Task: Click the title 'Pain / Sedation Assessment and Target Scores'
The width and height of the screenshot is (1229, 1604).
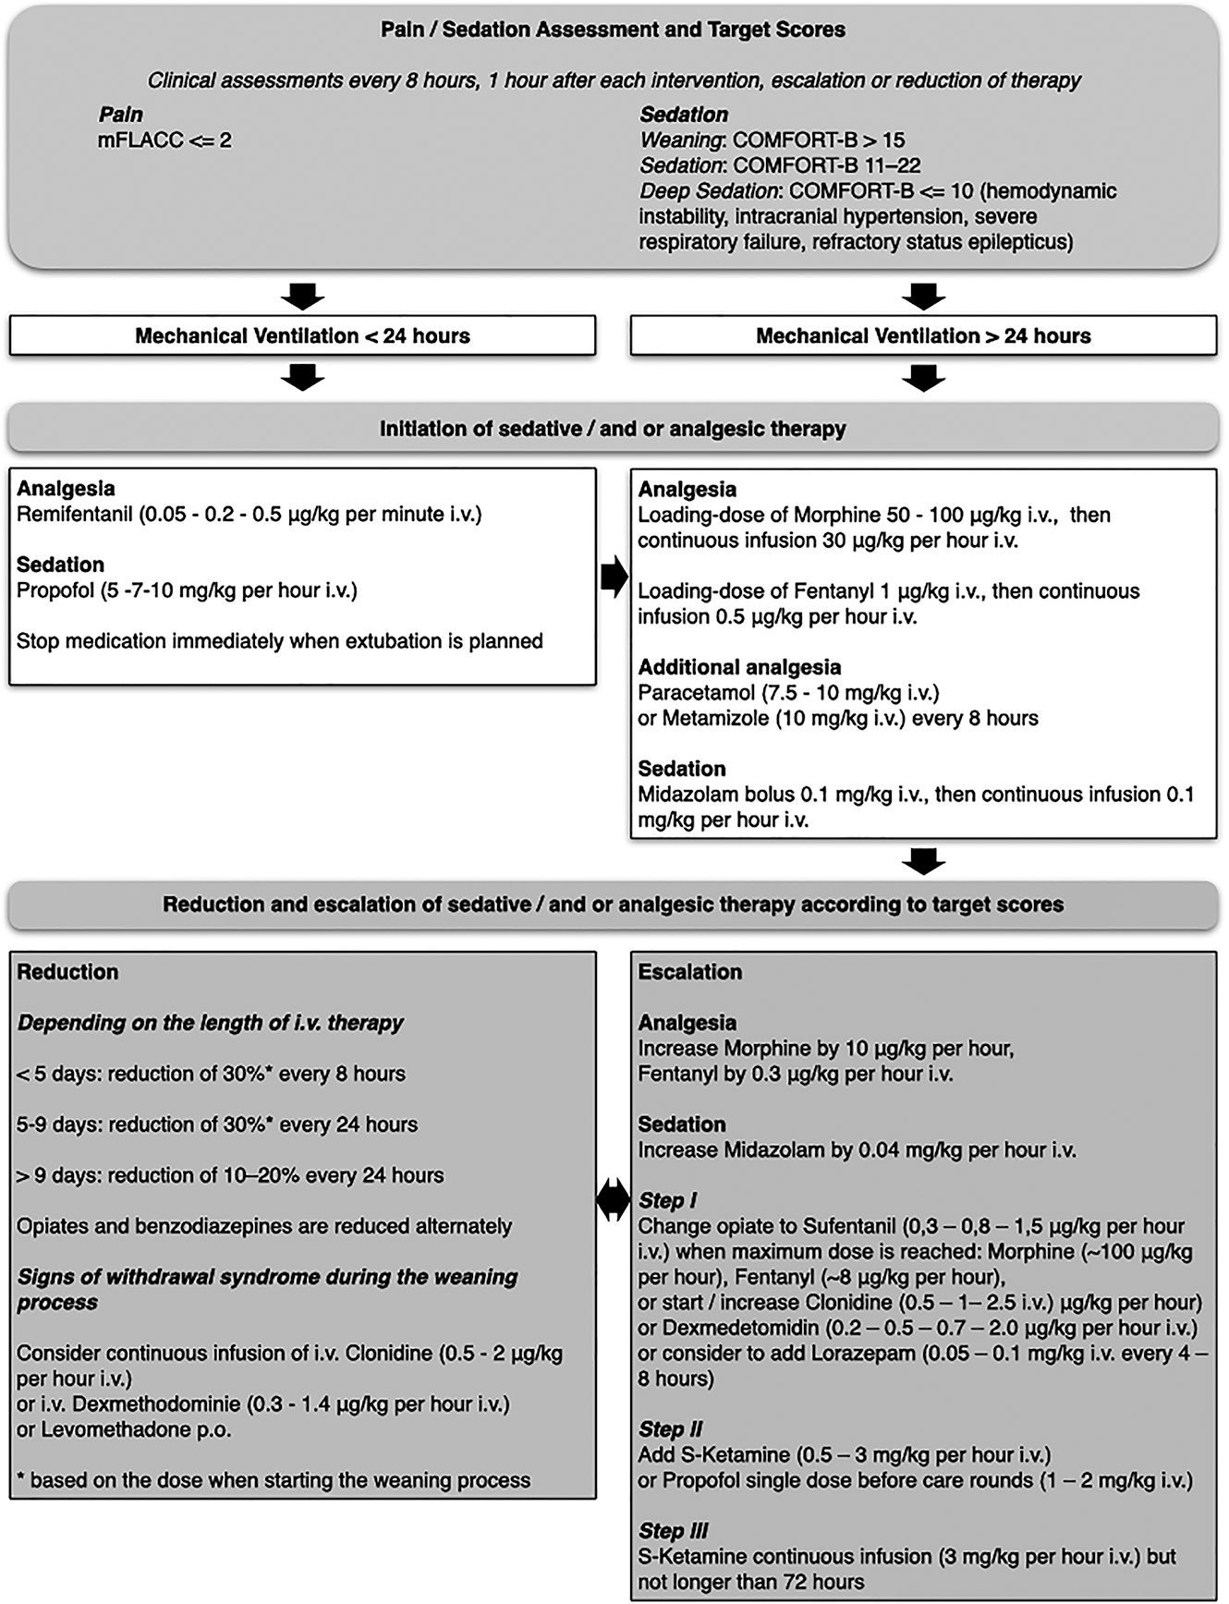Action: pyautogui.click(x=613, y=30)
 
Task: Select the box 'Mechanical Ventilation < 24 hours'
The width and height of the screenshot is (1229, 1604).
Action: pyautogui.click(x=302, y=336)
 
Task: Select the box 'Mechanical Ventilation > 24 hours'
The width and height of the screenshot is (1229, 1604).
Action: pyautogui.click(x=923, y=336)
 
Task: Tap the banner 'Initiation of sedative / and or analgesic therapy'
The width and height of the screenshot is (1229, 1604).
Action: pyautogui.click(x=613, y=429)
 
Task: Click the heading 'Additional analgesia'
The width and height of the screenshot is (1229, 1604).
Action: pyautogui.click(x=739, y=667)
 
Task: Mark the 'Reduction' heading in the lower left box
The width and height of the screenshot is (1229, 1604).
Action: pyautogui.click(x=67, y=972)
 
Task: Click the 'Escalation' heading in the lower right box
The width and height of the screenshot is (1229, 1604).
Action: pyautogui.click(x=690, y=972)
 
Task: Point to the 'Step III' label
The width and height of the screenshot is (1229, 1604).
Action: pyautogui.click(x=674, y=1531)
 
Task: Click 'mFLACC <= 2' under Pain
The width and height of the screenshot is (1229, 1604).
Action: pyautogui.click(x=164, y=141)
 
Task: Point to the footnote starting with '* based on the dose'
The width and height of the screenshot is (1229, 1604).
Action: pyautogui.click(x=274, y=1480)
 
